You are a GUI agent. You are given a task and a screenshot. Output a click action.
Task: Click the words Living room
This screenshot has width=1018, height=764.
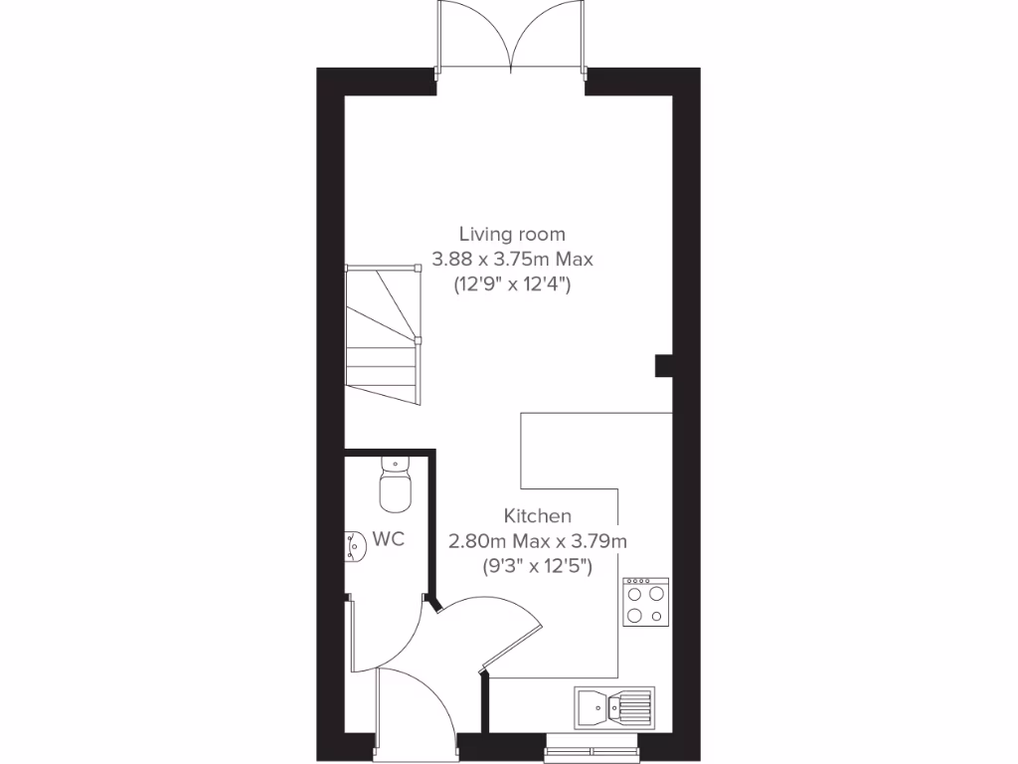point(512,235)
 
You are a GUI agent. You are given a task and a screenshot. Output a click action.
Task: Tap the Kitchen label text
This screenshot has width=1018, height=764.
point(538,516)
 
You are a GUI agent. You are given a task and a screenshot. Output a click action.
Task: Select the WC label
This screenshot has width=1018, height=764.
point(388,540)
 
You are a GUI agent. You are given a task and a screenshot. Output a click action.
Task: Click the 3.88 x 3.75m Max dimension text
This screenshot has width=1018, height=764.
point(512,260)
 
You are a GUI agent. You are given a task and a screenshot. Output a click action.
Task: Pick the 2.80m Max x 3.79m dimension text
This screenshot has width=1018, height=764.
point(538,541)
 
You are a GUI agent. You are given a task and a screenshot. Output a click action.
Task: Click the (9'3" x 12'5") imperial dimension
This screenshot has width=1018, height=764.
point(538,567)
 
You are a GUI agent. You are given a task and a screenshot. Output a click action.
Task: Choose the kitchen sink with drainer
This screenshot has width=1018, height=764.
point(613,707)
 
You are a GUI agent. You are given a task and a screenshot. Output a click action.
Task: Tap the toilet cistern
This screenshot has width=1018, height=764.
point(395,462)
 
